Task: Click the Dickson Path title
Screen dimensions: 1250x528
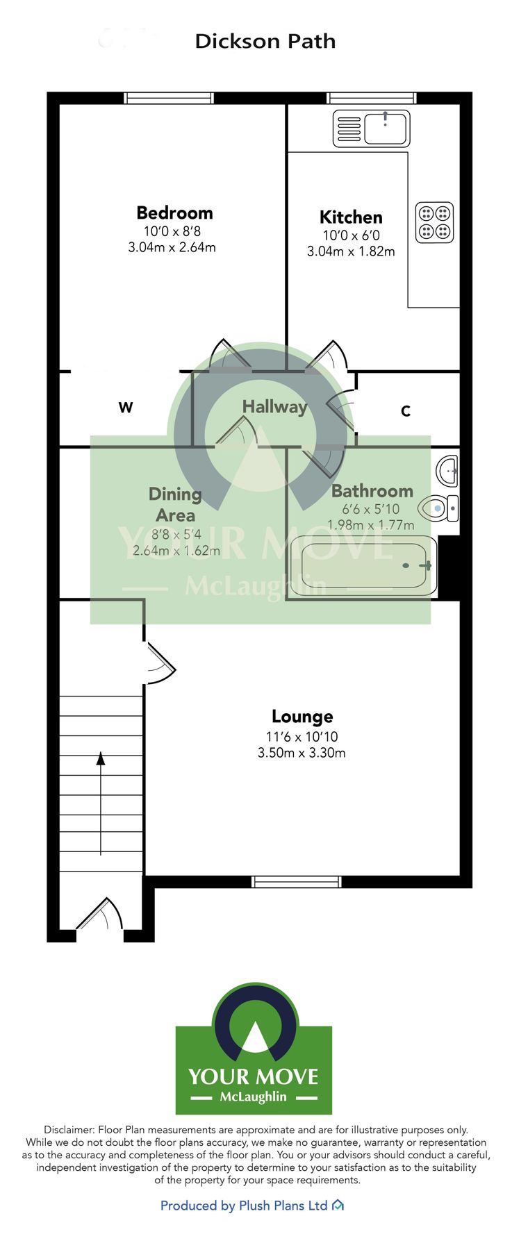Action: pyautogui.click(x=265, y=41)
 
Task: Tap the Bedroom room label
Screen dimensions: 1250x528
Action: pyautogui.click(x=174, y=212)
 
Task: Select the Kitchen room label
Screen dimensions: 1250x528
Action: pyautogui.click(x=350, y=217)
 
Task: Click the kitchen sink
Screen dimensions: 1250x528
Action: pyautogui.click(x=372, y=129)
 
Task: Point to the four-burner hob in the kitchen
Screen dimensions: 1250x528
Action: pyautogui.click(x=434, y=222)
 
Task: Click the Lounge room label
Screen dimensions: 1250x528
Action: pyautogui.click(x=302, y=716)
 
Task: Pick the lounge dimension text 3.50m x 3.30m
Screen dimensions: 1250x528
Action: pyautogui.click(x=302, y=753)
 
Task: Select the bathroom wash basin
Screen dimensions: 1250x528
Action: pyautogui.click(x=448, y=471)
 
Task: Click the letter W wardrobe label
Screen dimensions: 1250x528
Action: pyautogui.click(x=125, y=407)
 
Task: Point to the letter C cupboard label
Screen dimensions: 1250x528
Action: pyautogui.click(x=406, y=411)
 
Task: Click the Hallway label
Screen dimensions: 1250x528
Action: pyautogui.click(x=274, y=406)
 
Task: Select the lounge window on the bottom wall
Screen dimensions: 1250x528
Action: pyautogui.click(x=297, y=882)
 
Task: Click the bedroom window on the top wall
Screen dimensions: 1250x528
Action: pyautogui.click(x=169, y=98)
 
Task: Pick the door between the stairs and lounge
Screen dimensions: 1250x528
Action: pyautogui.click(x=160, y=662)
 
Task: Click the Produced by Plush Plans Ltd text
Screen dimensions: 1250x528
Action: pyautogui.click(x=244, y=1206)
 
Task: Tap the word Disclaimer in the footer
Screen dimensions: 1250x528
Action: pyautogui.click(x=69, y=1130)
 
